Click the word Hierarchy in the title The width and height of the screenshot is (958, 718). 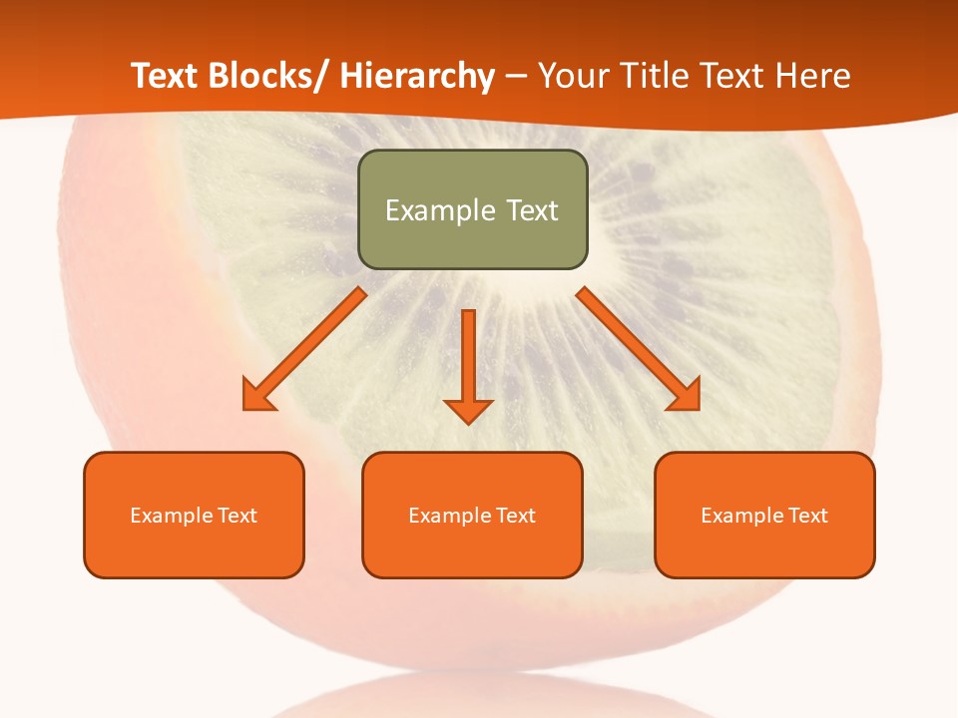[x=417, y=76]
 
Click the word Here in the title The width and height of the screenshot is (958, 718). [x=812, y=76]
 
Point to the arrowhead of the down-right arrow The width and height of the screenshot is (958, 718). [x=686, y=396]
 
